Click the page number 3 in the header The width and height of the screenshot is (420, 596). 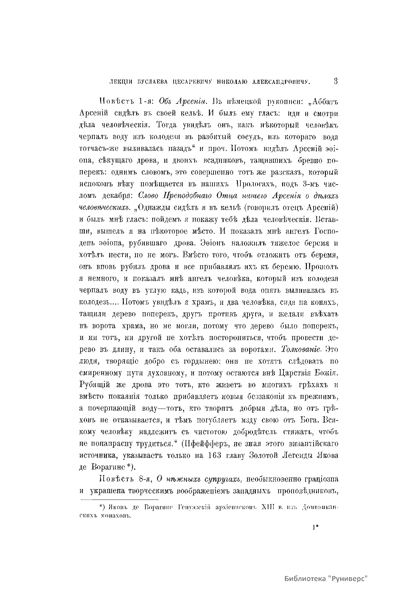point(335,81)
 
